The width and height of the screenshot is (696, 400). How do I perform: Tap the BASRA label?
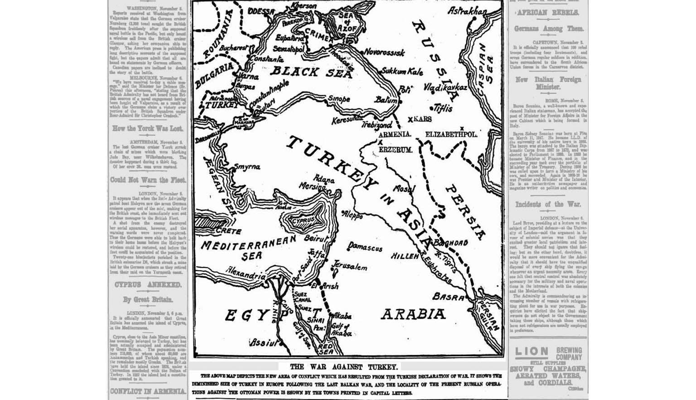448,297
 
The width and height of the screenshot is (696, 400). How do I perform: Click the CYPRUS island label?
303,220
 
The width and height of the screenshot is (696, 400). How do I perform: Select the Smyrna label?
247,167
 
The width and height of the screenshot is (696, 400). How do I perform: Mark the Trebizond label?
377,124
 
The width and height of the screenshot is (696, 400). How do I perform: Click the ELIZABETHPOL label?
451,135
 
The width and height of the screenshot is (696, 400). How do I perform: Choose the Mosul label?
404,188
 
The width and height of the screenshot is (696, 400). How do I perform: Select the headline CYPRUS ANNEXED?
148,285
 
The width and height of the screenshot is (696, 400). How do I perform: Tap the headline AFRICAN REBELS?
548,13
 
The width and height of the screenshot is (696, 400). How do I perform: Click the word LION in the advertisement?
532,351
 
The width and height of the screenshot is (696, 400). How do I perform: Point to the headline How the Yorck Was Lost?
148,128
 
